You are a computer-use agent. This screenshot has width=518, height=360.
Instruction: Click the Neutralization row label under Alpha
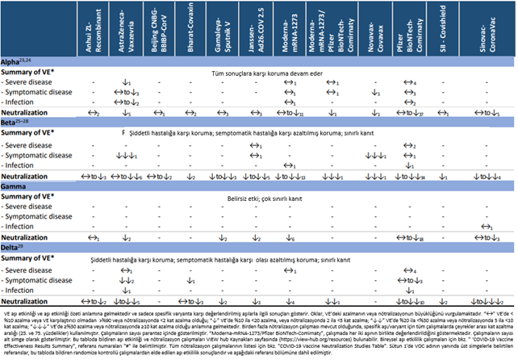click(x=32, y=112)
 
